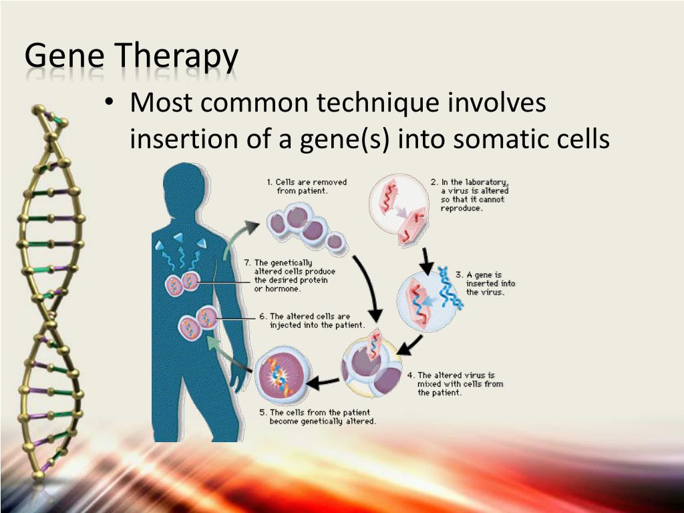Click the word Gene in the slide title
[65, 55]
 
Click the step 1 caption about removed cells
[307, 187]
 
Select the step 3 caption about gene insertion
[486, 283]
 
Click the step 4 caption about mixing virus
[456, 384]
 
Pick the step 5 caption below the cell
[317, 417]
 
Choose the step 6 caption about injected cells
[312, 321]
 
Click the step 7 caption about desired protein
[290, 276]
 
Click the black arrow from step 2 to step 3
[426, 261]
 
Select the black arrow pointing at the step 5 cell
[323, 383]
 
